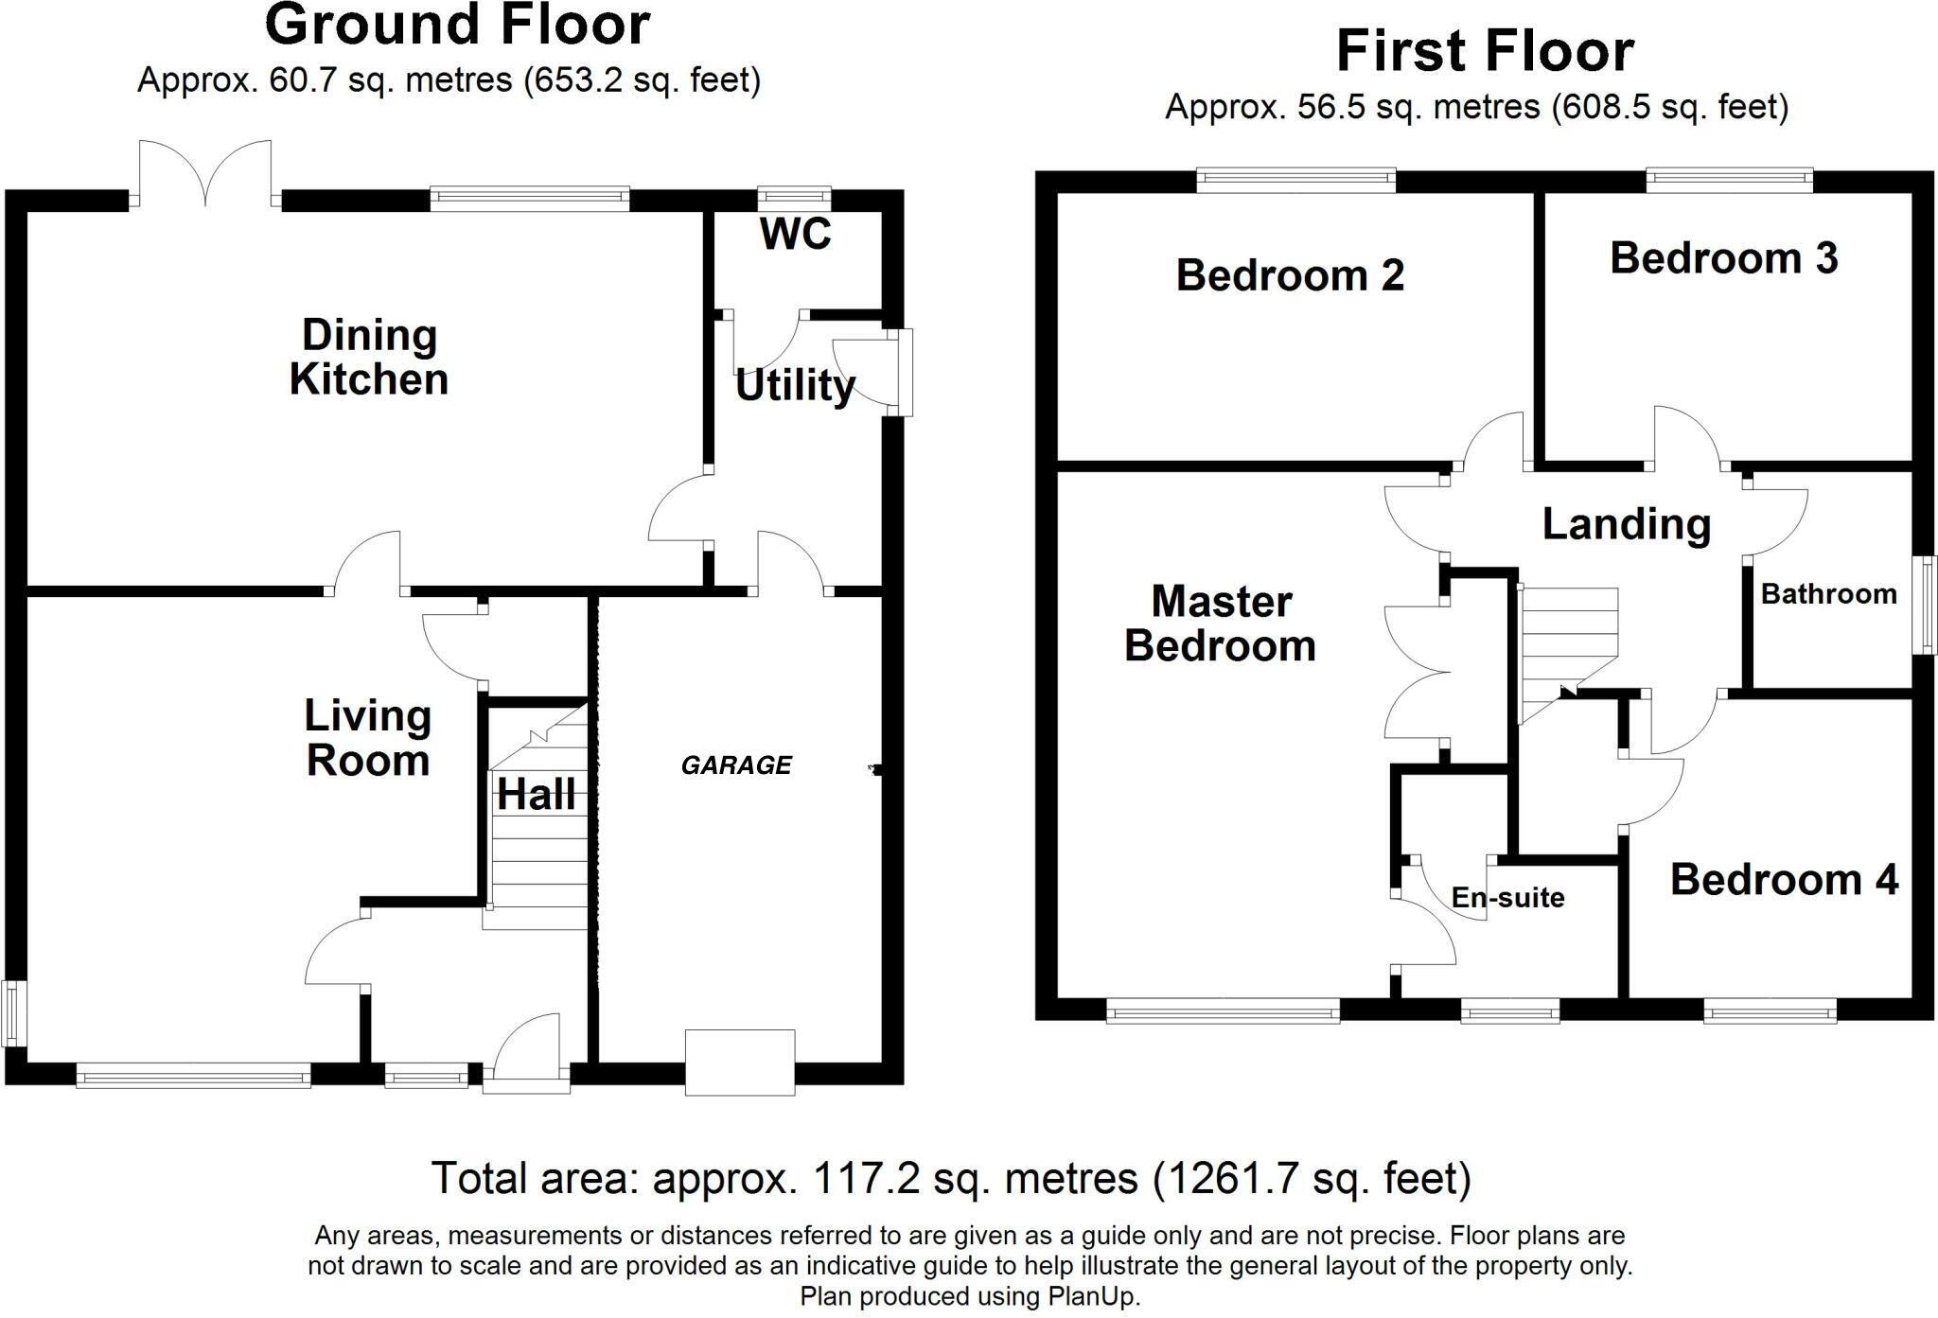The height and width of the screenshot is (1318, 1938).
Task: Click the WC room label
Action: [795, 234]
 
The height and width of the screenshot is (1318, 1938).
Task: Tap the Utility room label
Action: [795, 385]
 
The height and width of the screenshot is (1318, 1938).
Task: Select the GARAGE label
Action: [736, 764]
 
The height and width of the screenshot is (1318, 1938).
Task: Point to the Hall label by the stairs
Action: [536, 795]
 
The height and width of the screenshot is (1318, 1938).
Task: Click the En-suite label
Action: [1507, 897]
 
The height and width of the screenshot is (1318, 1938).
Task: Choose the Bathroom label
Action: [1828, 594]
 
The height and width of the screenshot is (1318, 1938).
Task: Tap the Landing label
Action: [1626, 524]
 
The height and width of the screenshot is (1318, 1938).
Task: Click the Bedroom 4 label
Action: [1784, 879]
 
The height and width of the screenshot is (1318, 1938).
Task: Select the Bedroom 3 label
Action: [1723, 258]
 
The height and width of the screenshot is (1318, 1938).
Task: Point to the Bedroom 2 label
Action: [1290, 275]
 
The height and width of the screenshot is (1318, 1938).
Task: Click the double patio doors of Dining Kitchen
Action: [205, 173]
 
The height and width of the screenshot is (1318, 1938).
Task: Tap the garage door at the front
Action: [739, 1062]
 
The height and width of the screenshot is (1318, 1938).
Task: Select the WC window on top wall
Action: [795, 198]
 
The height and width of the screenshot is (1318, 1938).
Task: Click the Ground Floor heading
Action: [457, 25]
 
